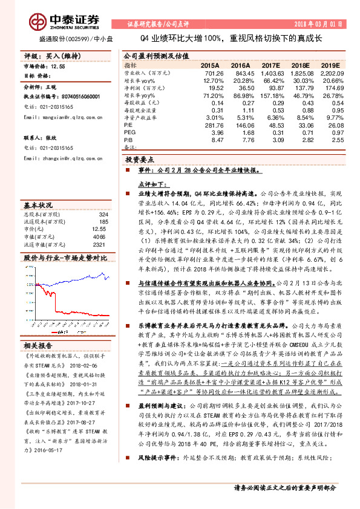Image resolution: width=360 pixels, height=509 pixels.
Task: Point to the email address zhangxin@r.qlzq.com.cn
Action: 62,158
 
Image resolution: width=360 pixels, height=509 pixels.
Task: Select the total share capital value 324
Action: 103,214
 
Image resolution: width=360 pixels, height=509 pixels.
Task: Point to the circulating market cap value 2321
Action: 100,245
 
